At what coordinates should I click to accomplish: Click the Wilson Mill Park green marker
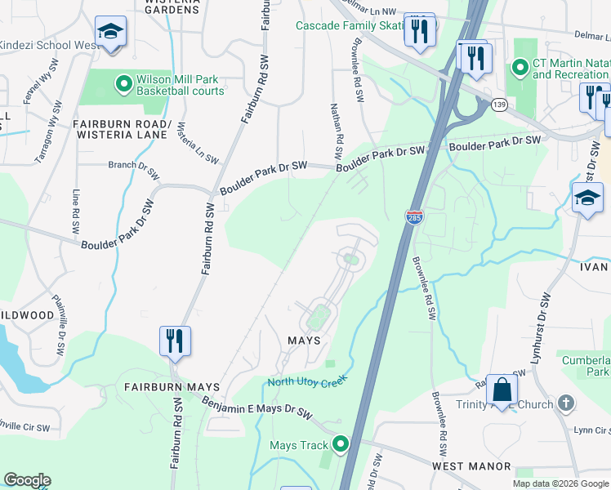[x=123, y=82]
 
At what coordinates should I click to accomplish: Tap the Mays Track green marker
[x=341, y=445]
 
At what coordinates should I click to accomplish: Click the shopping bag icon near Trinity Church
[x=502, y=390]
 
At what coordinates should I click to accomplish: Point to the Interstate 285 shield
[x=413, y=217]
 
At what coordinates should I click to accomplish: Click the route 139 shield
[x=499, y=105]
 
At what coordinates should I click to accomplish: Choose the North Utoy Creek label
[x=307, y=381]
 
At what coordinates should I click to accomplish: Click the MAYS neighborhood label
[x=303, y=340]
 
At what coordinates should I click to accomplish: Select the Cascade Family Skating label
[x=351, y=25]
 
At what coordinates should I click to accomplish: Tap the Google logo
[x=27, y=480]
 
